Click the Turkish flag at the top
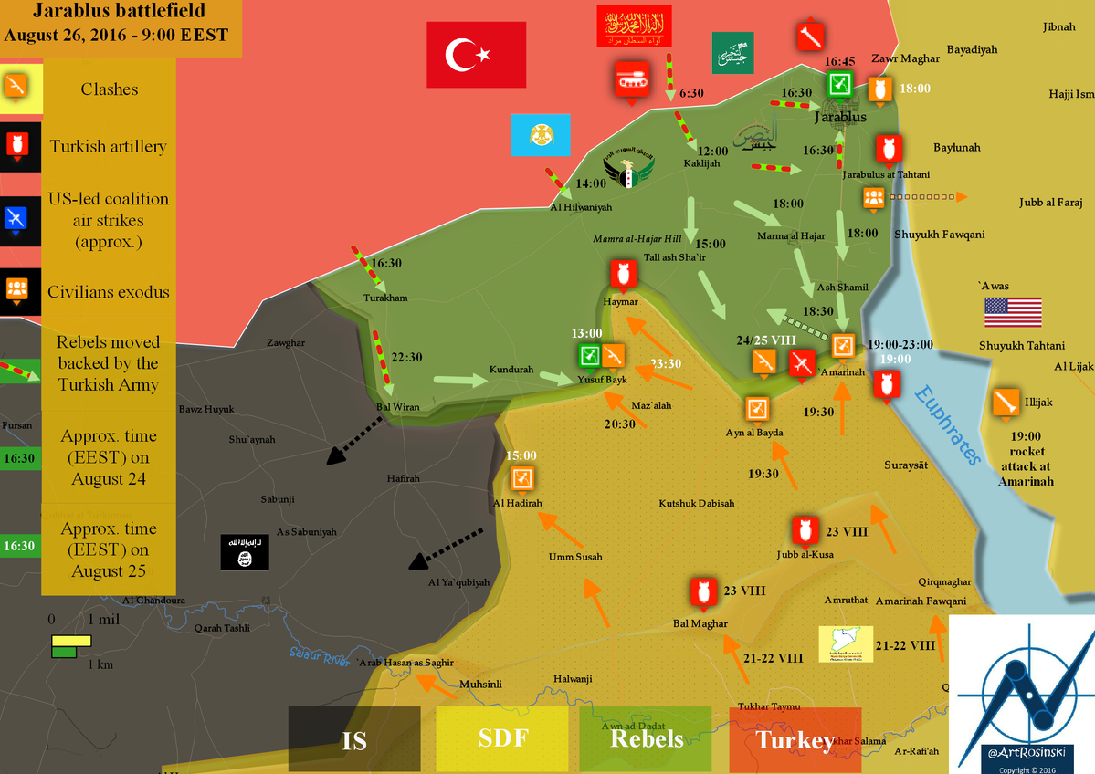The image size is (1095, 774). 476,55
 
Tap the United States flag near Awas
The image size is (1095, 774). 1013,312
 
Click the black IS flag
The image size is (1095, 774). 245,552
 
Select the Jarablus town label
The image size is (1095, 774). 840,118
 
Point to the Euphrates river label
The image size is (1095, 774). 951,425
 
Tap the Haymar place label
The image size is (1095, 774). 621,301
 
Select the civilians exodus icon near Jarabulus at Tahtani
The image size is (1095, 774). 872,197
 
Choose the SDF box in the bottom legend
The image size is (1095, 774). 503,738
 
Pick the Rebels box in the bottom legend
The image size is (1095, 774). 647,738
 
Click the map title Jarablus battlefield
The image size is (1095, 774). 120,12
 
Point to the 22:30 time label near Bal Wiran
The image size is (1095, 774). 407,358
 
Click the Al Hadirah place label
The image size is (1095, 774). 518,503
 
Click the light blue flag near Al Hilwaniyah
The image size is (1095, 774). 541,135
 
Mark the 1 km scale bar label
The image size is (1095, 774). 100,664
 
